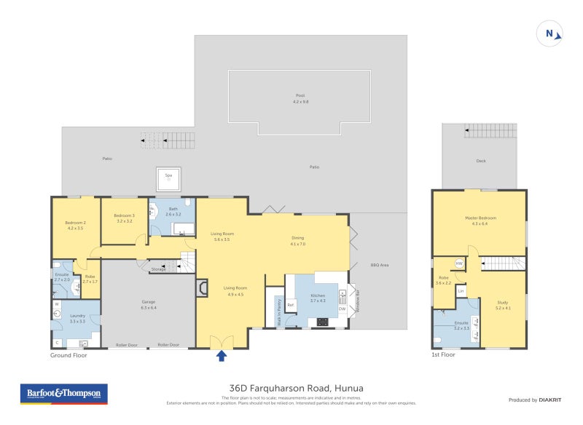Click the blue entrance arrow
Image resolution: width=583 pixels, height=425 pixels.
point(222,355)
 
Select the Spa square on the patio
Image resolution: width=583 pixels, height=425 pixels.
point(168,178)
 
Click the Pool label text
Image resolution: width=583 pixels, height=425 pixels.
point(300,95)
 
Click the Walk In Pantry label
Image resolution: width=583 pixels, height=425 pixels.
point(278,311)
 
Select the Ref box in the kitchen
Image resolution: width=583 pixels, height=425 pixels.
point(290,304)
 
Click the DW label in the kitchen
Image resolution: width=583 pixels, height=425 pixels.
point(342,309)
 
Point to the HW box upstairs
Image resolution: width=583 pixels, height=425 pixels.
point(459,263)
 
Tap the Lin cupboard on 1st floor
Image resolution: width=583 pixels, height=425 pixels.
point(461,290)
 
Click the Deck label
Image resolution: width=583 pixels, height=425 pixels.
point(480,161)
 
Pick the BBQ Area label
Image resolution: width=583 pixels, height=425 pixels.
point(380,265)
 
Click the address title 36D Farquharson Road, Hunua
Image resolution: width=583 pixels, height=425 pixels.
point(291,388)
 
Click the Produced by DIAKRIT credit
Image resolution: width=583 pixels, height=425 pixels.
point(533,400)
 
